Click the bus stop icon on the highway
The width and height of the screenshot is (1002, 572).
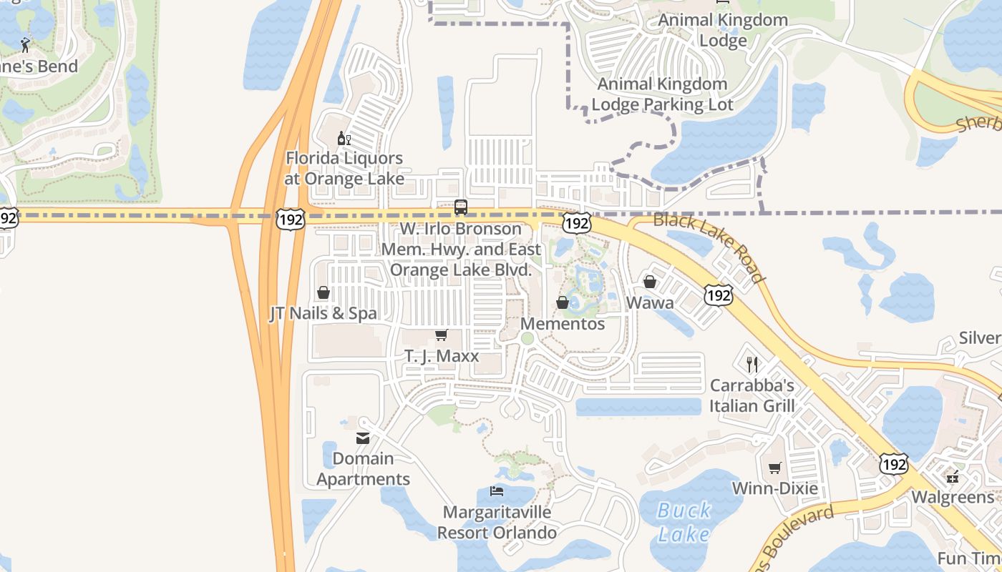pos(461,207)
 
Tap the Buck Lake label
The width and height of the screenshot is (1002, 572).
pos(684,522)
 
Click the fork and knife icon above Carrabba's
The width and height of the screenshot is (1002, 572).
pos(751,365)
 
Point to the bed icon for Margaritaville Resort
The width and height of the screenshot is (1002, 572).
pos(497,491)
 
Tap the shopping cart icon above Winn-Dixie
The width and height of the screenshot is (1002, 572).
pos(774,468)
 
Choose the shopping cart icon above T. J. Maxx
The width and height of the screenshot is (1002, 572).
pos(442,335)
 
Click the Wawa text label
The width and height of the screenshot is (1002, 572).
pos(650,303)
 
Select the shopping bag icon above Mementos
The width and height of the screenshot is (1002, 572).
pos(563,302)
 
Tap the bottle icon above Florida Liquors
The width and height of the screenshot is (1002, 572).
pos(344,138)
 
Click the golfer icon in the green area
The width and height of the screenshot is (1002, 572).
pos(26,45)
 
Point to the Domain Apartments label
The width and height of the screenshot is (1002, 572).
pos(364,469)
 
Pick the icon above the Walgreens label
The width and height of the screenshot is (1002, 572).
pos(953,476)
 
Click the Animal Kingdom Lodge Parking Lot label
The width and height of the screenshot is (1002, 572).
pos(662,94)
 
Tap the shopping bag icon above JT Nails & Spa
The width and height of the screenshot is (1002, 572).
pos(324,292)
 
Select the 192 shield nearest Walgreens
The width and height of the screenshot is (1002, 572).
pos(894,463)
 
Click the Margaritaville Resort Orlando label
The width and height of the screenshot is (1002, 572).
pos(497,523)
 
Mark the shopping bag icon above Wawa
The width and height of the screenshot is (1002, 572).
pos(650,282)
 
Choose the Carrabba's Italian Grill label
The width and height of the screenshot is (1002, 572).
pos(751,396)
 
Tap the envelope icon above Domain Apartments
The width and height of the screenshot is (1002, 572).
pos(363,438)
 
